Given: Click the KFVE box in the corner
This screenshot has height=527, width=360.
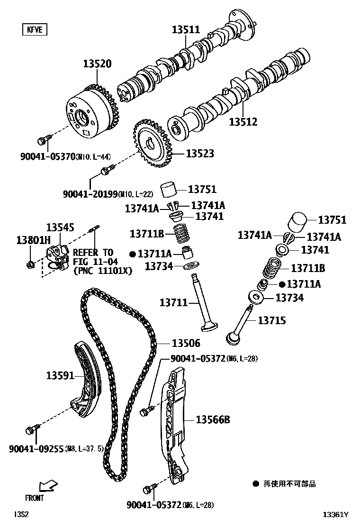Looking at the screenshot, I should point(35,29).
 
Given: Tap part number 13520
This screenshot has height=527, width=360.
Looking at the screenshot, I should point(98,64).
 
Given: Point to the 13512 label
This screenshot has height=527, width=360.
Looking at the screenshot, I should point(243,122).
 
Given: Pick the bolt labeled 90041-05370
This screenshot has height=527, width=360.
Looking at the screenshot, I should point(43,140).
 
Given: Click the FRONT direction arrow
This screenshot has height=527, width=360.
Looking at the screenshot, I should point(48,486).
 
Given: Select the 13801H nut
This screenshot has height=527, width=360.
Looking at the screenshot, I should point(30,263).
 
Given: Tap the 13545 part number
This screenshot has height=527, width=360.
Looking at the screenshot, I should point(60,228).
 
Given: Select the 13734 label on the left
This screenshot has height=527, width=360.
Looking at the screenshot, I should point(159,266).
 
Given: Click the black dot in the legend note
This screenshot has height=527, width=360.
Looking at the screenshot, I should point(256,484).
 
